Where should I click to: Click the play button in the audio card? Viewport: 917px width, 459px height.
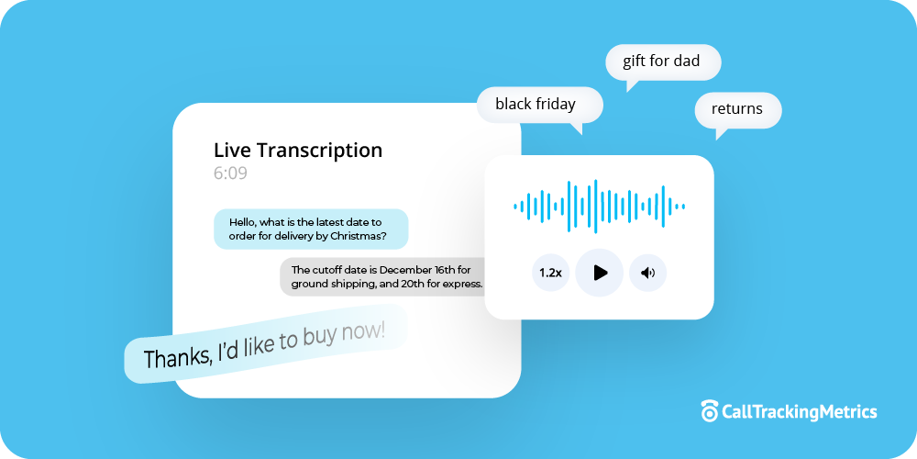(600, 273)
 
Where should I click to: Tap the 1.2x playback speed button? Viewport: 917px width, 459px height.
(550, 273)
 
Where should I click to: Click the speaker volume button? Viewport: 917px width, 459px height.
(647, 273)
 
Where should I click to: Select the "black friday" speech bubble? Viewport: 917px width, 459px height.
(536, 104)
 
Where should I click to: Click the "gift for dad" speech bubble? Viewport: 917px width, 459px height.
(661, 62)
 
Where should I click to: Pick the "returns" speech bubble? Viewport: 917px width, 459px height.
(737, 108)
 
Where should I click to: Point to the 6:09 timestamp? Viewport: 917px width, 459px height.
(230, 174)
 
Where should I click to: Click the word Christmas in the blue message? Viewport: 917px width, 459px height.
(353, 236)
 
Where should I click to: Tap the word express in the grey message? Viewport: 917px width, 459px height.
(460, 284)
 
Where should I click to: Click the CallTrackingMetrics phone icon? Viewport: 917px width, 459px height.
(709, 411)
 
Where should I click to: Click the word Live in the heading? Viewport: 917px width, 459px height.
(231, 151)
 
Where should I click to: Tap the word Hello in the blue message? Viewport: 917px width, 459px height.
(242, 222)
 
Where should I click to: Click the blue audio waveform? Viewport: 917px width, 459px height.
(599, 207)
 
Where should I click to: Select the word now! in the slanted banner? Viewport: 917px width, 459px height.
(367, 331)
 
